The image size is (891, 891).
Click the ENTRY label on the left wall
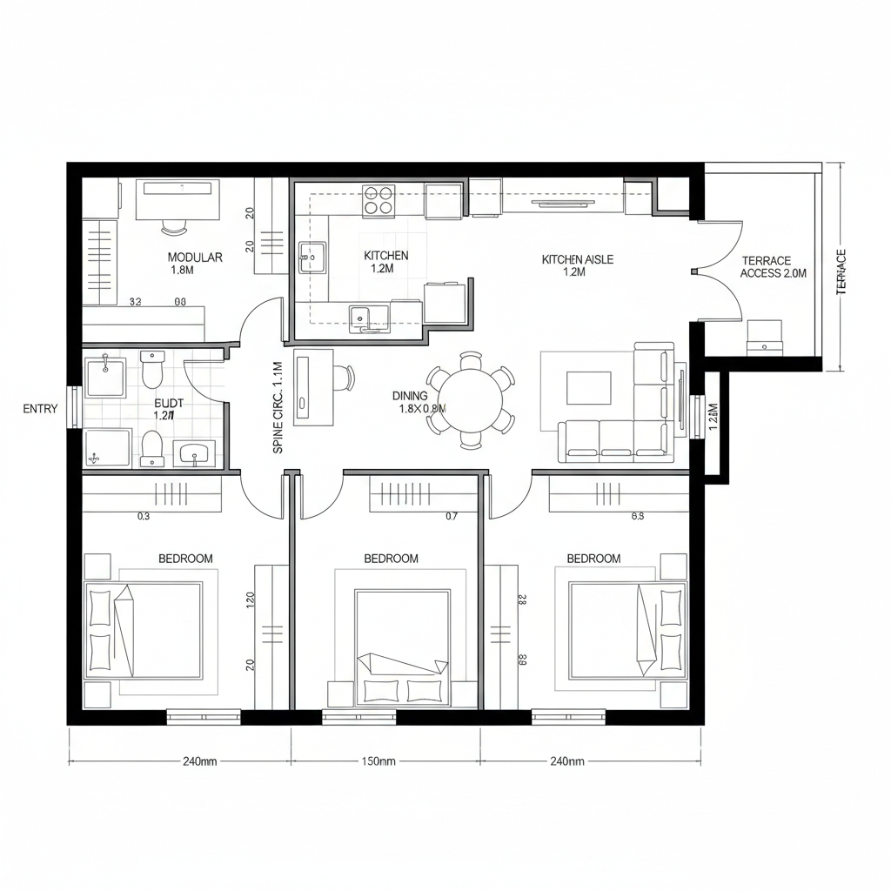[x=40, y=409]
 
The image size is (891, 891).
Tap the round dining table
[x=470, y=399]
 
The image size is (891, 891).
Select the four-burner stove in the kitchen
[x=379, y=200]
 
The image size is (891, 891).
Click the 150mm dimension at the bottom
[x=378, y=761]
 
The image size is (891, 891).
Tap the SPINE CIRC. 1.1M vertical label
[x=278, y=407]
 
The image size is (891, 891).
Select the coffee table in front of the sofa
[x=588, y=388]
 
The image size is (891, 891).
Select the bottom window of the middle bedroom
[x=359, y=717]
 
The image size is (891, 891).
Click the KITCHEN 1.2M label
[x=385, y=262]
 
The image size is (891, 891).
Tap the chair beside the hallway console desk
[x=345, y=379]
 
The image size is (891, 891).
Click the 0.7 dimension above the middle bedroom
[x=451, y=516]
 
